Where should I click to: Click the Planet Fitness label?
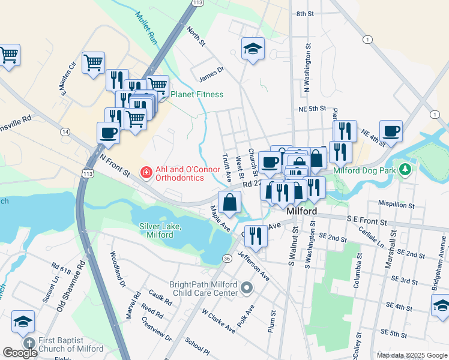click(x=197, y=94)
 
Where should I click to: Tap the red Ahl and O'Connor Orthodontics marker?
click(x=145, y=173)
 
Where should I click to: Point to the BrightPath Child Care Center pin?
click(x=247, y=289)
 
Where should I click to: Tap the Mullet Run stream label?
click(x=146, y=29)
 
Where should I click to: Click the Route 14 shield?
click(x=65, y=131)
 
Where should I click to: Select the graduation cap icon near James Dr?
click(x=253, y=49)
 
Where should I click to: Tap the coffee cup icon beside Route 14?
click(x=108, y=133)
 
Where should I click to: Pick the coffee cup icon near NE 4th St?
click(x=391, y=131)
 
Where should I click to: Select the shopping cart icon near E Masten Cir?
click(x=93, y=62)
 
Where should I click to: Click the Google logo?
click(x=20, y=353)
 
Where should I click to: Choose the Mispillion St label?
click(x=397, y=204)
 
